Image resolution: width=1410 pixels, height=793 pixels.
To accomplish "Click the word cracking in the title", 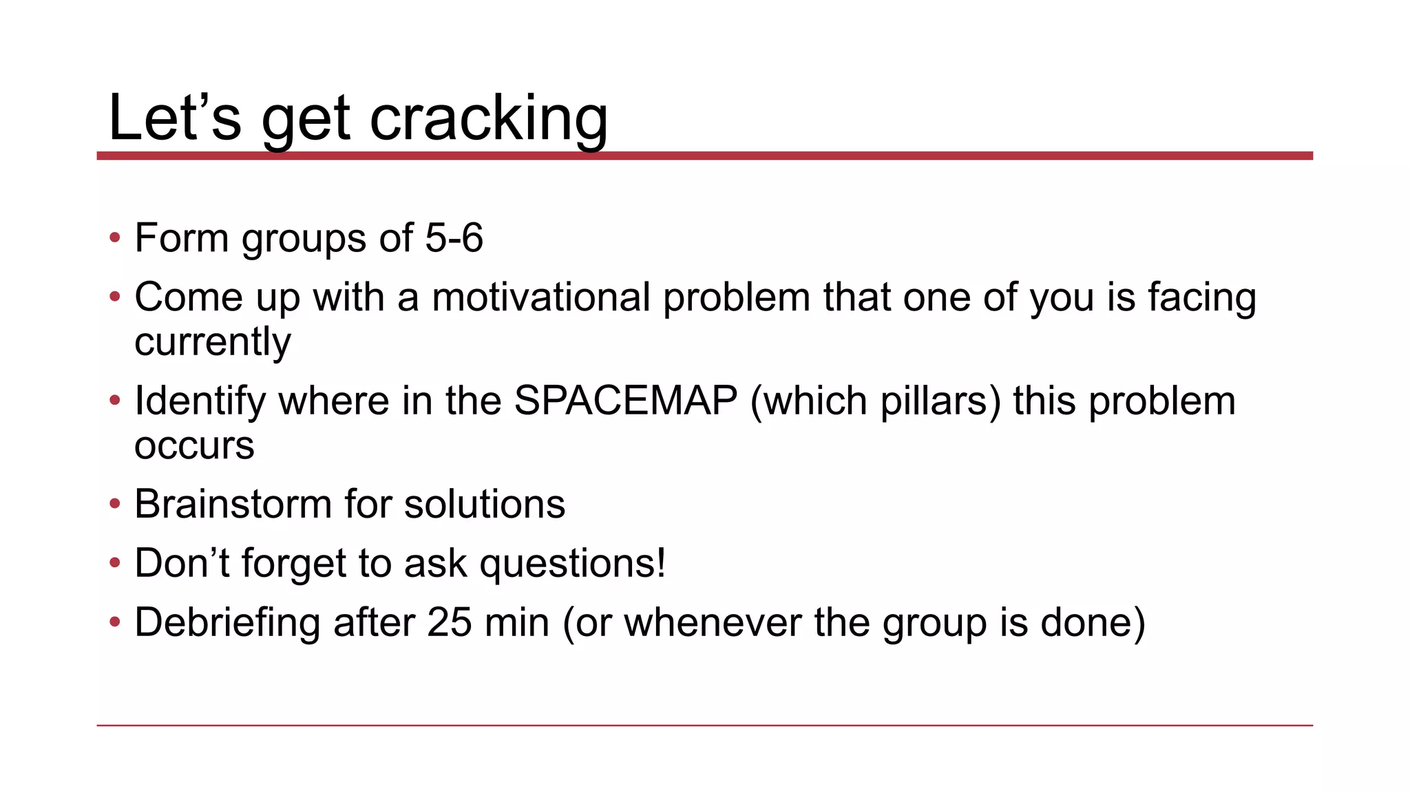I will point(488,118).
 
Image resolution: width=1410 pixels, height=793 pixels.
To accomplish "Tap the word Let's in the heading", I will point(175,118).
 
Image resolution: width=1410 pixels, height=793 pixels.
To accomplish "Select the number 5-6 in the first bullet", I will point(454,238).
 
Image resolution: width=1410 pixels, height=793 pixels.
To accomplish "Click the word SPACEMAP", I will point(626,401).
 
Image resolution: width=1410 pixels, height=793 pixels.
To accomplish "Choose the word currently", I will point(213,342).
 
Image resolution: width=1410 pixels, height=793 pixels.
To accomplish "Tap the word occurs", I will point(194,446).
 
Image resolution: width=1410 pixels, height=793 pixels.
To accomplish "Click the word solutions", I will point(485,504).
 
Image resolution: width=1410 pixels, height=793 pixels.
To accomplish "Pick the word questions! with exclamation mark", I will point(573,564).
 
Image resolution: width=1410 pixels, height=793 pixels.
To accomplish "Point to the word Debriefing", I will point(227,622).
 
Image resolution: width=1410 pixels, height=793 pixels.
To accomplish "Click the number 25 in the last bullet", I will point(450,622).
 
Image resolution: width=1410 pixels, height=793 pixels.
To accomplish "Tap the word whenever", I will point(713,622).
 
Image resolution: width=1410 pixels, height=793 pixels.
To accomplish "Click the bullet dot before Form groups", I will point(115,238).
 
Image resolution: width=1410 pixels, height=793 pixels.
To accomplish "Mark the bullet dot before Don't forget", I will point(115,564).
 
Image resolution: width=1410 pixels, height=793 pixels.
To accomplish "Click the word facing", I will point(1202,297).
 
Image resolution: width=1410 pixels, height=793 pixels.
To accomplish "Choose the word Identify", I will point(200,401).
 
